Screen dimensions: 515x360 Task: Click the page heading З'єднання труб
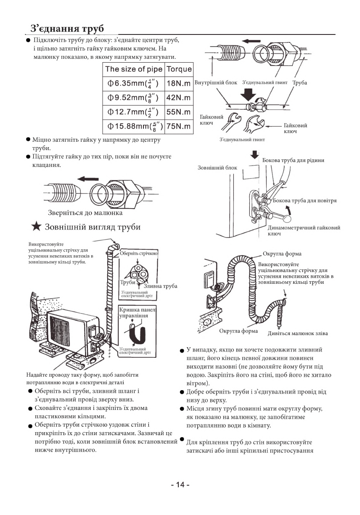[x=67, y=29]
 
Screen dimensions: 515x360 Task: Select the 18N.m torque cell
[x=179, y=83]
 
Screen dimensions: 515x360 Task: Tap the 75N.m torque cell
[x=179, y=127]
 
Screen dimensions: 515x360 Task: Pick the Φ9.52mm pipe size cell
[x=133, y=98]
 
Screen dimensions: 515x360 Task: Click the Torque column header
[x=179, y=69]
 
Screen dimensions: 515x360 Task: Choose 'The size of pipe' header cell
[x=133, y=69]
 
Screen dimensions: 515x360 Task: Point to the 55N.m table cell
[x=179, y=112]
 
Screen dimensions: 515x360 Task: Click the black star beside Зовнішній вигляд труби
[x=37, y=227]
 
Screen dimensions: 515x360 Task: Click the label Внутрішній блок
[x=216, y=83]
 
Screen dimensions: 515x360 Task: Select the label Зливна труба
[x=160, y=286]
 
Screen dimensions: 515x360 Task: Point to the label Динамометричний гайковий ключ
[x=304, y=230]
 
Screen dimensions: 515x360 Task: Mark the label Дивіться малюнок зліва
[x=297, y=333]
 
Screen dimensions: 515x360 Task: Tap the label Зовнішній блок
[x=217, y=168]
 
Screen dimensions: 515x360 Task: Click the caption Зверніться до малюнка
[x=82, y=213]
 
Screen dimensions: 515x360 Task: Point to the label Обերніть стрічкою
[x=139, y=254]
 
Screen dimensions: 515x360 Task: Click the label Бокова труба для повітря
[x=304, y=201]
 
